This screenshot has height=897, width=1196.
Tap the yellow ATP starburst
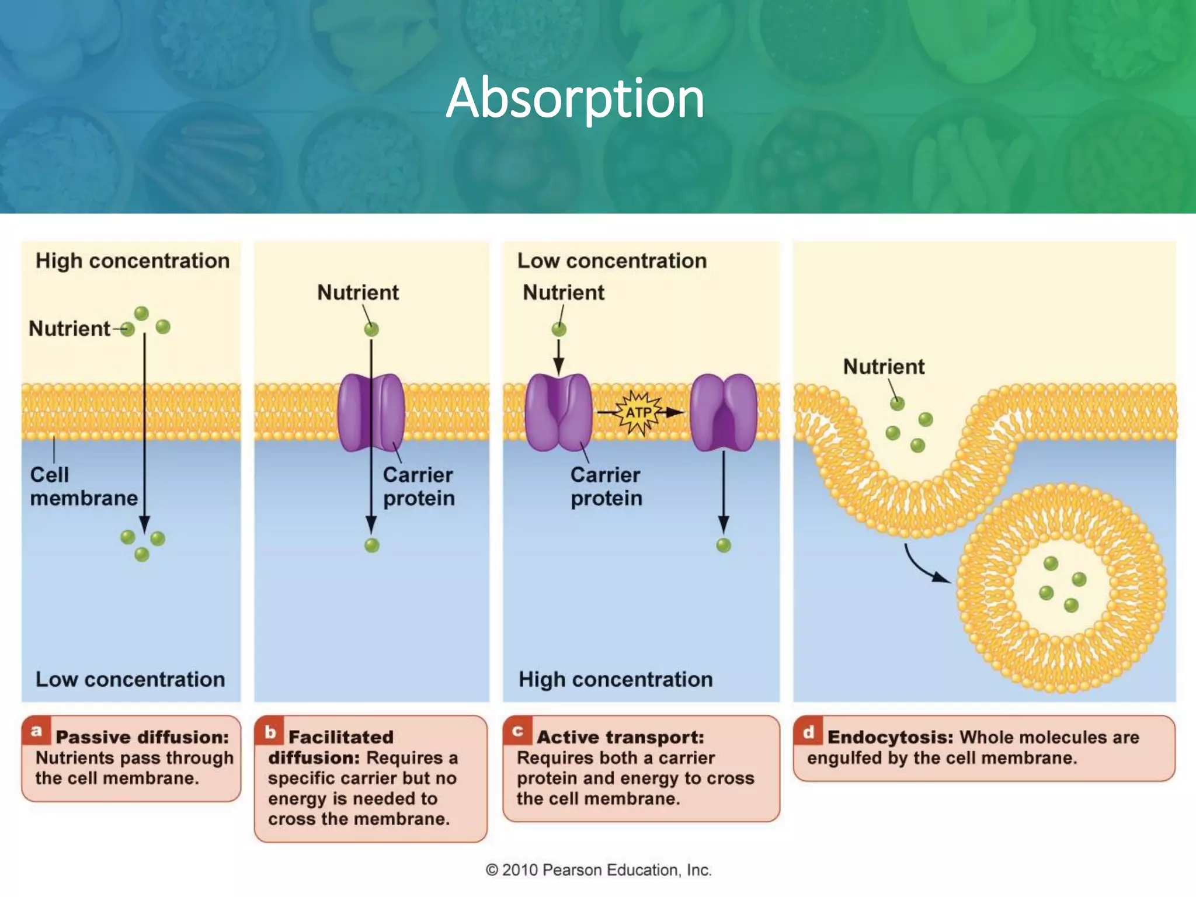[x=639, y=412]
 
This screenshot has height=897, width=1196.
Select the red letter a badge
[x=36, y=731]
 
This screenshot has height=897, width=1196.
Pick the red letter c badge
[x=517, y=731]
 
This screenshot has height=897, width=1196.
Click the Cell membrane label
[x=83, y=486]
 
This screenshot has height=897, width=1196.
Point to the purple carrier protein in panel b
[x=371, y=412]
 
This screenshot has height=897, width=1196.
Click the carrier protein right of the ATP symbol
[x=724, y=412]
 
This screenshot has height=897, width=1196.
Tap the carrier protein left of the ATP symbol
[x=558, y=412]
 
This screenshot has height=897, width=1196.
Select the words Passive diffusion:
[x=142, y=737]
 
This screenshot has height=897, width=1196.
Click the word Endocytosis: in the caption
[x=890, y=737]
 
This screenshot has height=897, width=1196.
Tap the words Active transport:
[x=620, y=737]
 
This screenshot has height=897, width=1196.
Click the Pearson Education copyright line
[x=598, y=870]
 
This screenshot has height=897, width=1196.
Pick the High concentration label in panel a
[x=133, y=261]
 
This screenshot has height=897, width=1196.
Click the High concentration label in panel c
[x=616, y=680]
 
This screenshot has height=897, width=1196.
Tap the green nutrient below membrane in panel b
[x=372, y=545]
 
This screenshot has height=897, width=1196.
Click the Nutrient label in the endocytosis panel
[x=884, y=367]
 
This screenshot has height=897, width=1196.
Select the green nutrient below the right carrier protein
[x=724, y=545]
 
